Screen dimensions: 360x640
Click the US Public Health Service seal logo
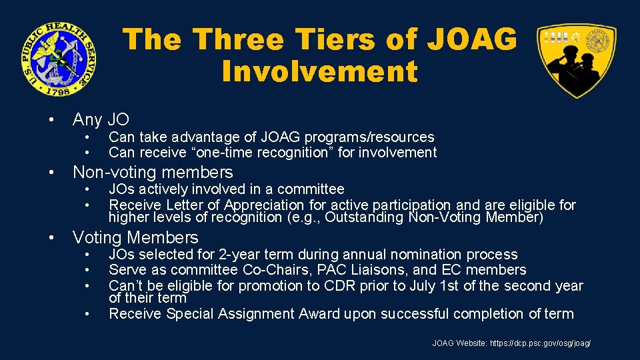[x=57, y=58]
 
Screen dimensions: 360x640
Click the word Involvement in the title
[x=320, y=71]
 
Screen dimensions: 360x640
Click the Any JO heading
[x=101, y=119]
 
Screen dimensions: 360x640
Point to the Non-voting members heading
[x=153, y=172]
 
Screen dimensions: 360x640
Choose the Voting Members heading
[x=135, y=237]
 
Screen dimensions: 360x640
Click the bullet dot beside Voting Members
[x=51, y=238]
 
